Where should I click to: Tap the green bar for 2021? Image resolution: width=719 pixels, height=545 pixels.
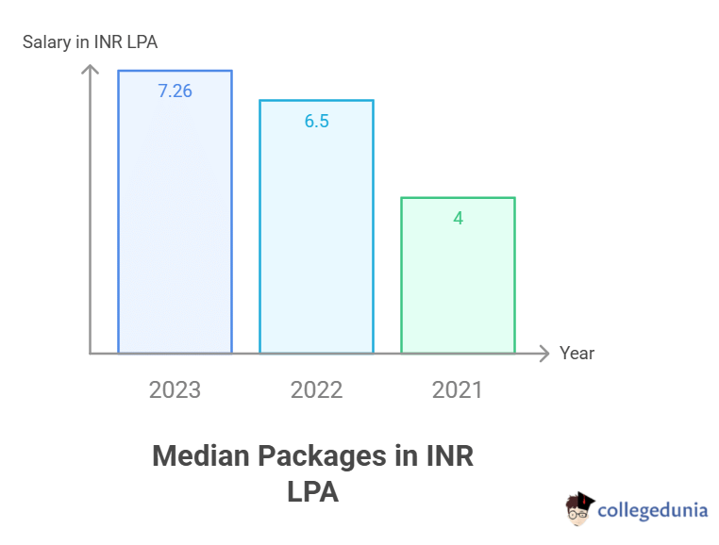point(458,283)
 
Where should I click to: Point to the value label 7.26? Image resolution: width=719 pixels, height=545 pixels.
point(175,91)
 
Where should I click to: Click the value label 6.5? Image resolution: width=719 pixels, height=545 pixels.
point(316,122)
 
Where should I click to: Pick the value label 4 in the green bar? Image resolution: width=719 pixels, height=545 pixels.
point(458,219)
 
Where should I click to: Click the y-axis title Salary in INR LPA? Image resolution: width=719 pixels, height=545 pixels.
point(91,41)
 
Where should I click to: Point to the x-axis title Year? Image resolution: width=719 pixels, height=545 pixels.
point(577,354)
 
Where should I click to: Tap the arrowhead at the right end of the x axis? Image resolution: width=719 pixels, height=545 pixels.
point(543,354)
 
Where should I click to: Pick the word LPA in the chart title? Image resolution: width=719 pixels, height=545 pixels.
point(312,492)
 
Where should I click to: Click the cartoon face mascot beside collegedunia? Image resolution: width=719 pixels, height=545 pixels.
point(579,509)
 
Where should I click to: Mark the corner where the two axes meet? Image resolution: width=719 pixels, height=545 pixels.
point(90,354)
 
